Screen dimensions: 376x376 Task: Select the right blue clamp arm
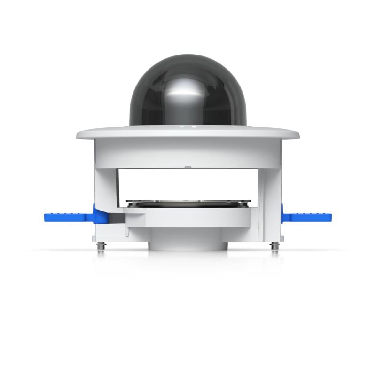(310, 217)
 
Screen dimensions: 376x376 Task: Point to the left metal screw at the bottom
(101, 247)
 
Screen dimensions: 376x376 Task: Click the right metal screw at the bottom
(274, 246)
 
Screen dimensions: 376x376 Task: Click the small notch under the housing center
(188, 166)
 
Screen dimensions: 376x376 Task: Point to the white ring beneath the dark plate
(188, 219)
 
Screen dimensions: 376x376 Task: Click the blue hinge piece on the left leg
(100, 216)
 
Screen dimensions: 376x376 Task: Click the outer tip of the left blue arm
(47, 217)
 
